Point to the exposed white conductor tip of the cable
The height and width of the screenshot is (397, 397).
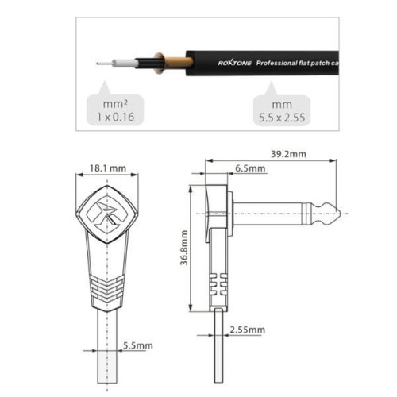click(99, 61)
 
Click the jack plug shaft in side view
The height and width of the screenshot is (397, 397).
click(278, 214)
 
